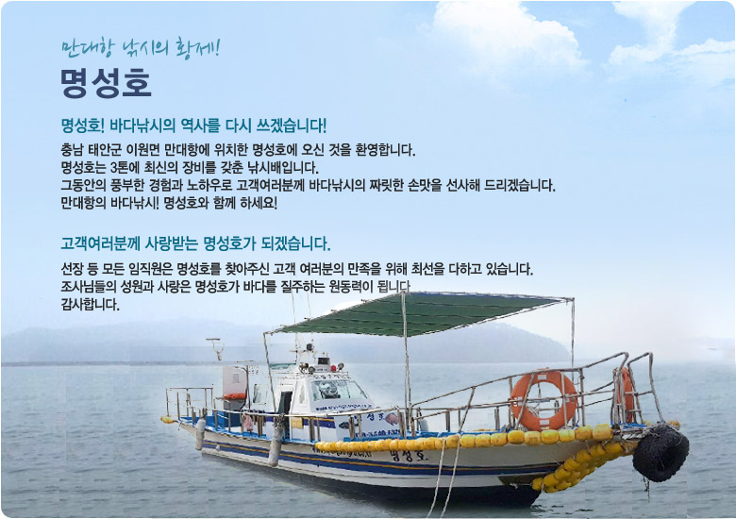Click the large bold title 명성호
coord(106,83)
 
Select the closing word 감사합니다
coord(91,305)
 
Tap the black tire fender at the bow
coord(661,453)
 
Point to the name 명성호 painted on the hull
coord(409,455)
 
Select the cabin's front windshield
coord(339,391)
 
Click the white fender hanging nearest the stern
coord(200,433)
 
